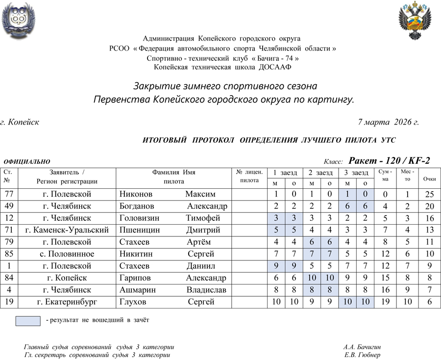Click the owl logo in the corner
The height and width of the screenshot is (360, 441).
tap(19, 20)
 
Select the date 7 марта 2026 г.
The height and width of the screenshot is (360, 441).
tap(389, 122)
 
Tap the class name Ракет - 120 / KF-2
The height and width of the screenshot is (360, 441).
tap(389, 160)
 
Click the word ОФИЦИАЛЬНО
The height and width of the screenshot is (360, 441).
tap(27, 161)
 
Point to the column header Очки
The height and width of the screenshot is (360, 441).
tap(429, 179)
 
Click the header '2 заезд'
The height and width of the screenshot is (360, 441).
tap(320, 173)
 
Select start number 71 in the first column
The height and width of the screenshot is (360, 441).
tap(9, 230)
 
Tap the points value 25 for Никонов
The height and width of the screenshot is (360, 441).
tap(429, 194)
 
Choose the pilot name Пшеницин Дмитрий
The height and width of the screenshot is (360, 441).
tap(170, 230)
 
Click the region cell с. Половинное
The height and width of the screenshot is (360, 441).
tap(67, 254)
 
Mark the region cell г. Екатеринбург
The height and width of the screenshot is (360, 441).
tap(67, 302)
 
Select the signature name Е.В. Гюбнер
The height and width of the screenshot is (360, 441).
tap(362, 355)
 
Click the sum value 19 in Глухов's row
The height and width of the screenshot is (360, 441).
tap(385, 302)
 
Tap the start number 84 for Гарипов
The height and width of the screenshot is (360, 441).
tap(9, 278)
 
